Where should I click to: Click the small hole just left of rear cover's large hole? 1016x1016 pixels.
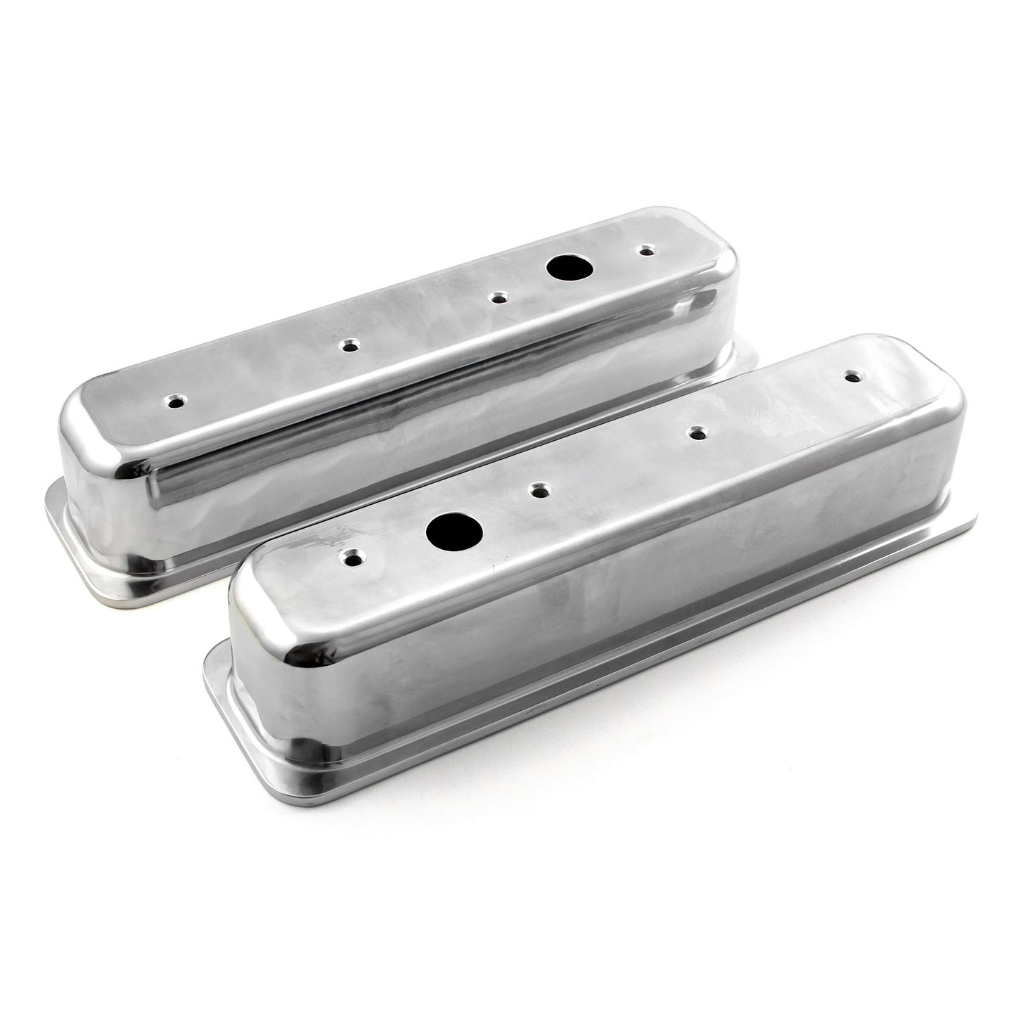(499, 298)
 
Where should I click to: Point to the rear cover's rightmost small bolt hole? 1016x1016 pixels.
(645, 250)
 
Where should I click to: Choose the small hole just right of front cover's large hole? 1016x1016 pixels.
(540, 489)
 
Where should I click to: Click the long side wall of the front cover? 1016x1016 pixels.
(598, 605)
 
